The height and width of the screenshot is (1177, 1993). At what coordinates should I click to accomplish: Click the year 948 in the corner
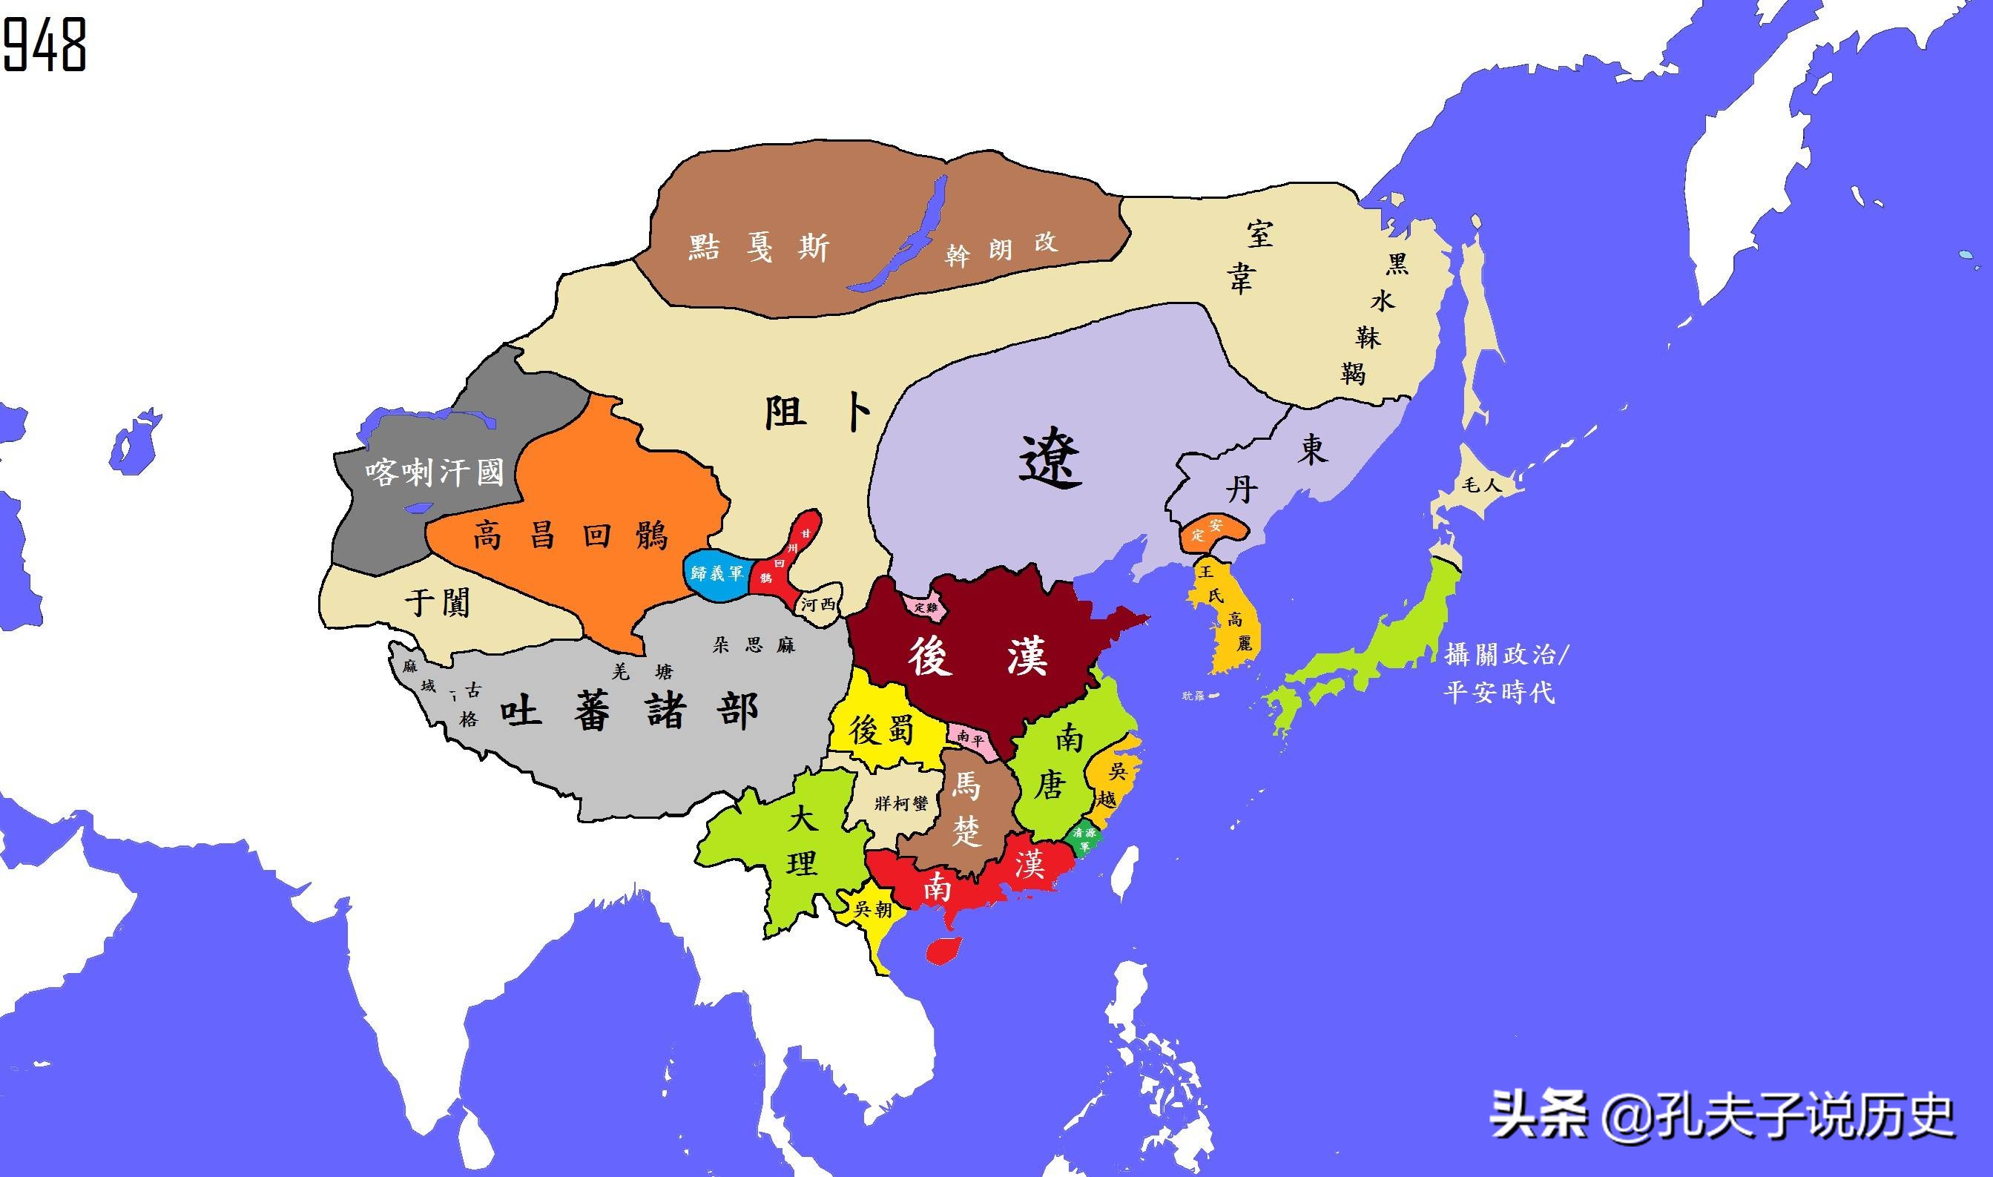click(45, 44)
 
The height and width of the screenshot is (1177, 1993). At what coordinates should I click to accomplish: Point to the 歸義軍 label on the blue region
click(717, 573)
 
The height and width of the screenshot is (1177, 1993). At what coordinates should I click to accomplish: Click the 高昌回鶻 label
click(571, 536)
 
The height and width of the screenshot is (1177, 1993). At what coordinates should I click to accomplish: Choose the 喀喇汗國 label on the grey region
click(435, 473)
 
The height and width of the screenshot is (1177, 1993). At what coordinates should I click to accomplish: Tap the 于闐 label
click(438, 602)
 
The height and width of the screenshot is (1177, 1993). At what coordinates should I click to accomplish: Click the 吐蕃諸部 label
click(629, 711)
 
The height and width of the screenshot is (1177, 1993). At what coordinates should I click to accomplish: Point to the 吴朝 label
click(873, 910)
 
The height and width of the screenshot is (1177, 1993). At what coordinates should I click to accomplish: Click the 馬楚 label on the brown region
click(966, 809)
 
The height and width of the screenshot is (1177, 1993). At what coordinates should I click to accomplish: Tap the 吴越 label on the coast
click(1113, 785)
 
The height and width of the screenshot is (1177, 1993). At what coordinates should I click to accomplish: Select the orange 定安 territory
click(1209, 532)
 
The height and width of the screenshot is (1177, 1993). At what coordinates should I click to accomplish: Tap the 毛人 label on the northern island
click(1480, 485)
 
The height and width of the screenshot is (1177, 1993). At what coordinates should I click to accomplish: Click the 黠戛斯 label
click(758, 249)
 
